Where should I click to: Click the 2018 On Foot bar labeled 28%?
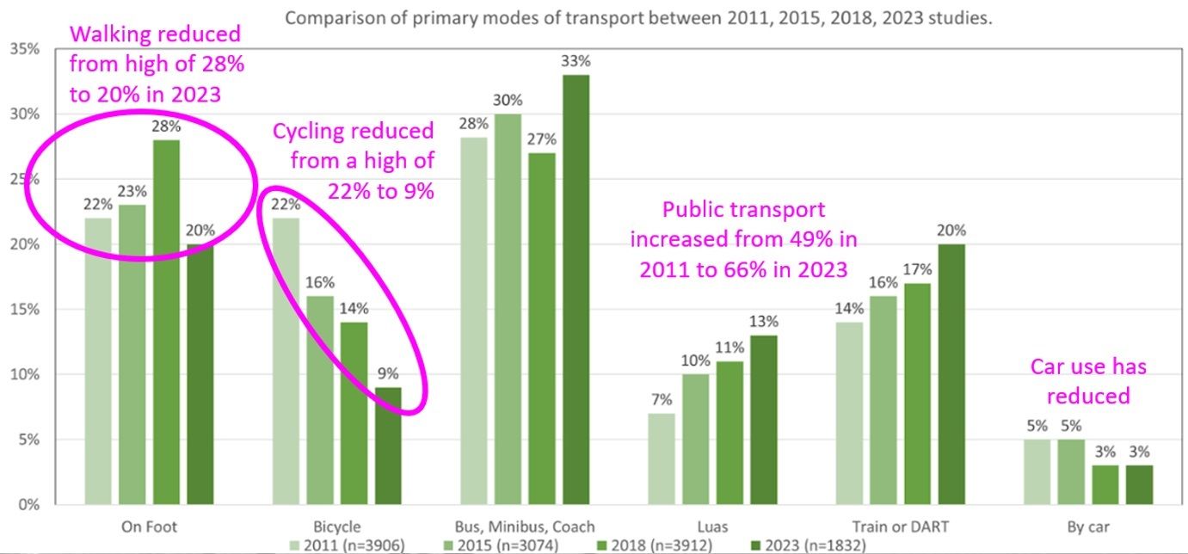(166, 322)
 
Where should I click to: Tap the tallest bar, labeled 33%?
(576, 289)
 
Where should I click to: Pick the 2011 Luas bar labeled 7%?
(661, 458)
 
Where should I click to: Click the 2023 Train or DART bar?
(952, 373)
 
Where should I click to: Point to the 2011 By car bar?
(1037, 471)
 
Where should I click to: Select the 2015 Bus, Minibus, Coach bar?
(508, 308)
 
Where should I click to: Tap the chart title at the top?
(638, 17)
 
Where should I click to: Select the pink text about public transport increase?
(745, 239)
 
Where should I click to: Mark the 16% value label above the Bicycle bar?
(320, 282)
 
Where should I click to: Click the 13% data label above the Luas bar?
(764, 321)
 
